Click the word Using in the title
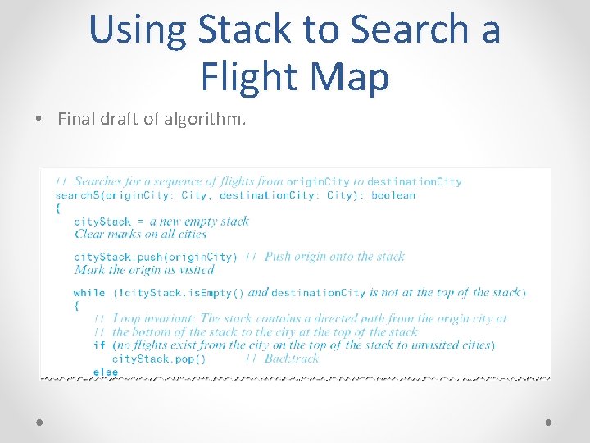[x=137, y=30]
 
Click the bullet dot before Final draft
[x=40, y=119]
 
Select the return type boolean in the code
[x=393, y=195]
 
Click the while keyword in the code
[x=88, y=293]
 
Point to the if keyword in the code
[x=98, y=345]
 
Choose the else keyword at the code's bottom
[x=105, y=372]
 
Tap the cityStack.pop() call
[x=159, y=359]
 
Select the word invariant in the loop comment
[x=171, y=318]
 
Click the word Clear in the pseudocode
[x=89, y=234]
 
